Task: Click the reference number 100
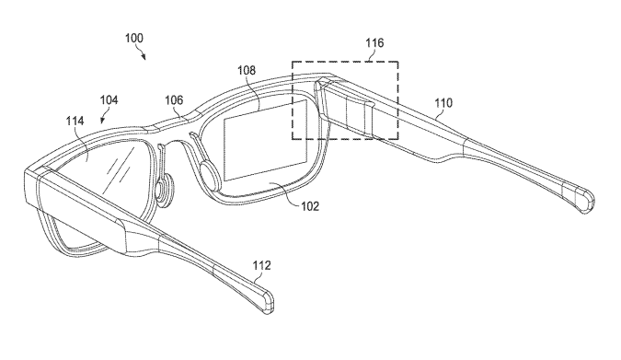coord(134,38)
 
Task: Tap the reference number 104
coord(109,100)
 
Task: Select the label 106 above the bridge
coord(174,100)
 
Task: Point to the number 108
coord(247,71)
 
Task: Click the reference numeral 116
coord(374,42)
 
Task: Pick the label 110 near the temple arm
coord(443,103)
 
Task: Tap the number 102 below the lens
coord(310,206)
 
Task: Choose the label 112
coord(262,265)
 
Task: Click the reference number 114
coord(75,121)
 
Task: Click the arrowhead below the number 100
coord(144,57)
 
